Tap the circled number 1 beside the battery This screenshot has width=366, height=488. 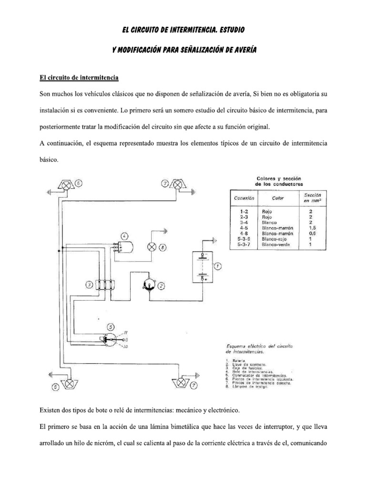pos(217,266)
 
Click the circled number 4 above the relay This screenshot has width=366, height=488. pos(124,236)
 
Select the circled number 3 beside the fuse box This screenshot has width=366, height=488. pos(90,285)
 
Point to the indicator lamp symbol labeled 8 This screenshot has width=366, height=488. pos(151,247)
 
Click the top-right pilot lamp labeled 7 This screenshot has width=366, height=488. pos(178,184)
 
